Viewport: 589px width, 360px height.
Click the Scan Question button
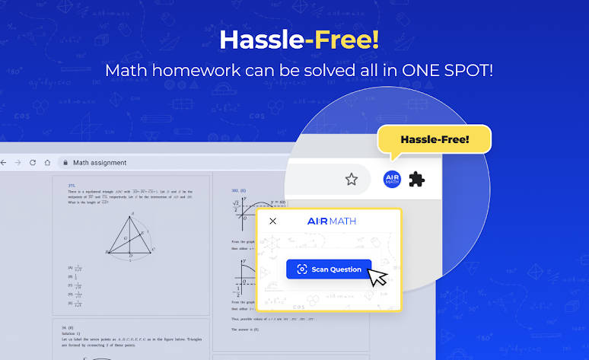[x=329, y=269]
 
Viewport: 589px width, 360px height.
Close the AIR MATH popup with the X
[x=273, y=221]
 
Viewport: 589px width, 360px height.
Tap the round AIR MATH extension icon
[x=393, y=180]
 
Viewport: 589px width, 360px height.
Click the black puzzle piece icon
[x=417, y=180]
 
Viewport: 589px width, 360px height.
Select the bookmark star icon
[x=351, y=180]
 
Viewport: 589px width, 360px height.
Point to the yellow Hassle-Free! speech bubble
[x=435, y=140]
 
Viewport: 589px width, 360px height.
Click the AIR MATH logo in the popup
[x=331, y=221]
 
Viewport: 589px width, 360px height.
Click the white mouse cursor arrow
[x=377, y=276]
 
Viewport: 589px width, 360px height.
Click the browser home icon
[x=47, y=163]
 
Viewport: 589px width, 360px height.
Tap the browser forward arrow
[x=17, y=163]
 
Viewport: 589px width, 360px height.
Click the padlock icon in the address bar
[x=65, y=163]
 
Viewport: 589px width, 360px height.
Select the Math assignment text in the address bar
[x=100, y=163]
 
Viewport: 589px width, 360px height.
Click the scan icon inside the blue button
[x=302, y=269]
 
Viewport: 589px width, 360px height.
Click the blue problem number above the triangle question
[x=72, y=185]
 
